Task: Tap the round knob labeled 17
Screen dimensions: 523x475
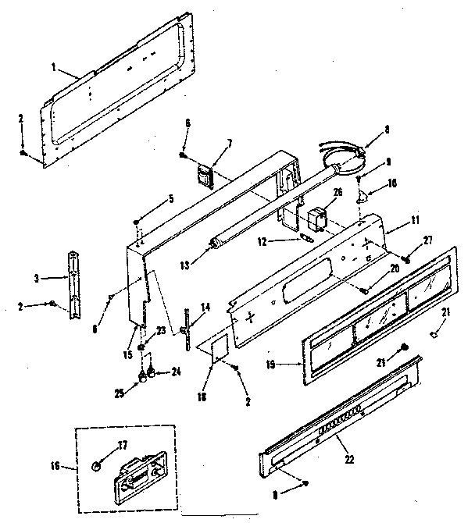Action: [x=95, y=466]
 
